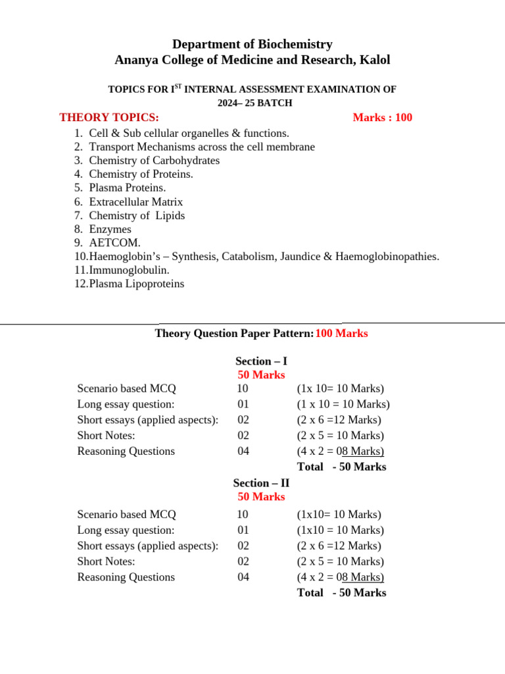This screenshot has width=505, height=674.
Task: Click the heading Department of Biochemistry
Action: click(252, 44)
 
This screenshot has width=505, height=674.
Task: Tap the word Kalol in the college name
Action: click(374, 60)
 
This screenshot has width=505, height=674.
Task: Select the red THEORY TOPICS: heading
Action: click(109, 118)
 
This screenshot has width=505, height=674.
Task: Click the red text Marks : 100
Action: click(382, 118)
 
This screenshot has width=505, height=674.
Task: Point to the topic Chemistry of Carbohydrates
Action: click(154, 161)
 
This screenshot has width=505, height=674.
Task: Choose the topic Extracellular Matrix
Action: click(135, 202)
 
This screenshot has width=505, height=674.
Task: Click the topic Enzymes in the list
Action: click(110, 230)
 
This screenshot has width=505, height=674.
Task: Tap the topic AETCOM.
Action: click(114, 243)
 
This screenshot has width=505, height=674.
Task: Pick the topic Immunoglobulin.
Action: click(129, 271)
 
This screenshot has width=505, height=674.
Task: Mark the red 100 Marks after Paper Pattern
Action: click(341, 334)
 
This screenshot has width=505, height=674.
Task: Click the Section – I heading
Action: click(261, 361)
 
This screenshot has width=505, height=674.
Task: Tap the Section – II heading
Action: click(261, 483)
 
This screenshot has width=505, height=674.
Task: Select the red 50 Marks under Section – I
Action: click(261, 375)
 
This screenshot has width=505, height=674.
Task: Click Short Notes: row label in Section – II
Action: click(106, 561)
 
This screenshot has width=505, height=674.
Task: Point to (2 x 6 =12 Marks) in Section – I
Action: click(339, 420)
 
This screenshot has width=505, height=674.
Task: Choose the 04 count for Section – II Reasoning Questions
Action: click(243, 577)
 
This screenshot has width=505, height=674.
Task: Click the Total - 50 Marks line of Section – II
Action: click(341, 592)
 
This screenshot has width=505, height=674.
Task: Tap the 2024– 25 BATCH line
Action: click(255, 103)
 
